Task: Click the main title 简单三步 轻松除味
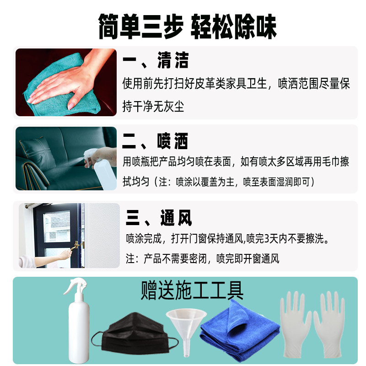pyautogui.click(x=188, y=27)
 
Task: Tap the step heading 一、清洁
pyautogui.click(x=156, y=60)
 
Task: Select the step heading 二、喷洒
pyautogui.click(x=155, y=141)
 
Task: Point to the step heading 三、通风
pyautogui.click(x=159, y=218)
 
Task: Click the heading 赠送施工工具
pyautogui.click(x=192, y=291)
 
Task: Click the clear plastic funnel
pyautogui.click(x=186, y=331)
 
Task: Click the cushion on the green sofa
pyautogui.click(x=38, y=152)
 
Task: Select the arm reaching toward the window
pyautogui.click(x=47, y=259)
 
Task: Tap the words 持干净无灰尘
pyautogui.click(x=153, y=107)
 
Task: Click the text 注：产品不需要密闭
pyautogui.click(x=166, y=258)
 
